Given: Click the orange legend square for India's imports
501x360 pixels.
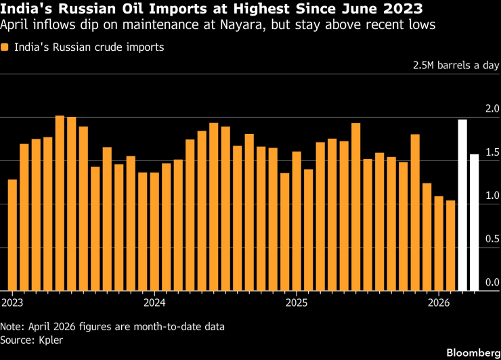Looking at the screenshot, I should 5,48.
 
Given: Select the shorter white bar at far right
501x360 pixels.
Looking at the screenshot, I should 475,223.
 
